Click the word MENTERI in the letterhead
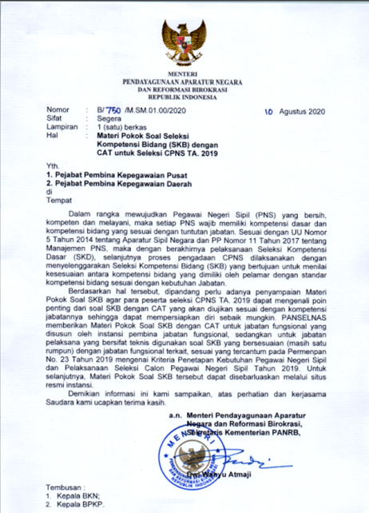(x=184, y=74)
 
